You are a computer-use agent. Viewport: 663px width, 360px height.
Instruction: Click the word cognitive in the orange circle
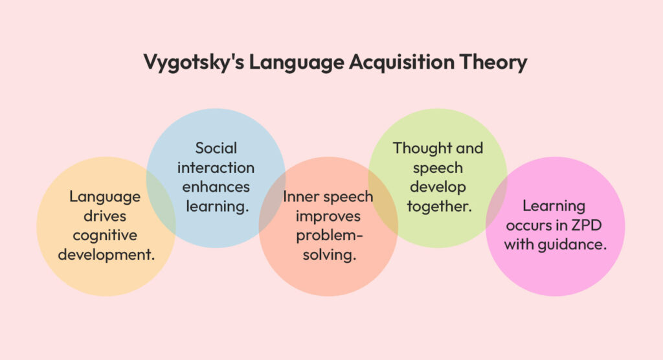coord(106,235)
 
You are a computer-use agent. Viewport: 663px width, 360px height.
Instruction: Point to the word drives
coord(106,216)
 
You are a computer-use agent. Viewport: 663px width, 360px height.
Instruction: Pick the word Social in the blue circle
coord(216,148)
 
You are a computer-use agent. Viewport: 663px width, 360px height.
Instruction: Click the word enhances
coord(216,187)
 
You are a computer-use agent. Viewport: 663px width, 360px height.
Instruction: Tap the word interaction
coord(216,168)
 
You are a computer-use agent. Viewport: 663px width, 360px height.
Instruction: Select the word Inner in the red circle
coord(300,197)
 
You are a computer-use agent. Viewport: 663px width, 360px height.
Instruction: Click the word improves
coord(328,216)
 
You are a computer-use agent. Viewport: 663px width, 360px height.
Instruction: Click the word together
coord(438,207)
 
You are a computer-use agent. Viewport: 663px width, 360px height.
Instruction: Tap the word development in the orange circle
coord(106,254)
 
